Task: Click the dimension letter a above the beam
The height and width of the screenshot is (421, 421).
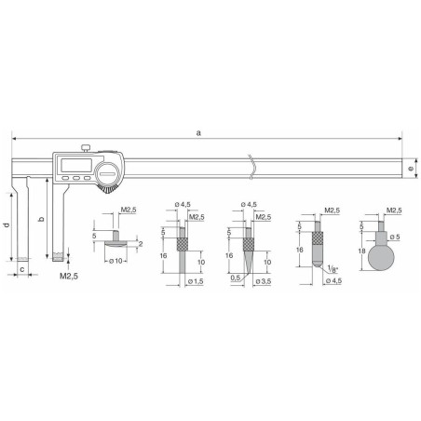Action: point(199,133)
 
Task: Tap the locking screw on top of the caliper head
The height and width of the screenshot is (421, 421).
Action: point(84,143)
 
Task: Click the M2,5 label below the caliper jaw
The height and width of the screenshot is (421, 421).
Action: point(69,276)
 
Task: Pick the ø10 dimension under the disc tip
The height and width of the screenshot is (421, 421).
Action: point(116,258)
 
